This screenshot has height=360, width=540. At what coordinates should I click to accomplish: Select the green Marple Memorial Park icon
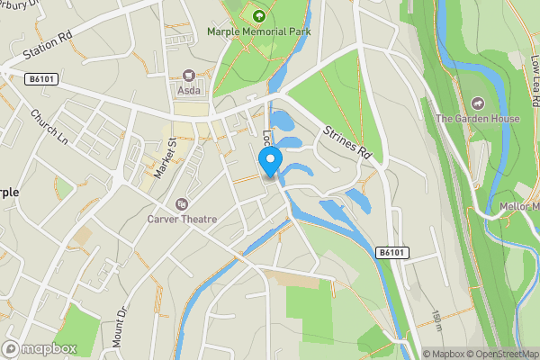pyautogui.click(x=259, y=14)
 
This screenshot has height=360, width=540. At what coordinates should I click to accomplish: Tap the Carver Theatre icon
pyautogui.click(x=183, y=204)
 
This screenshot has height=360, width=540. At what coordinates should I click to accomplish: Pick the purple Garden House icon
pyautogui.click(x=474, y=103)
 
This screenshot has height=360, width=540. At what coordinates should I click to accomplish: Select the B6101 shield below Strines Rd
pyautogui.click(x=391, y=254)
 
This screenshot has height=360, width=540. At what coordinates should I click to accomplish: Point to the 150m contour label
pyautogui.click(x=436, y=319)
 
